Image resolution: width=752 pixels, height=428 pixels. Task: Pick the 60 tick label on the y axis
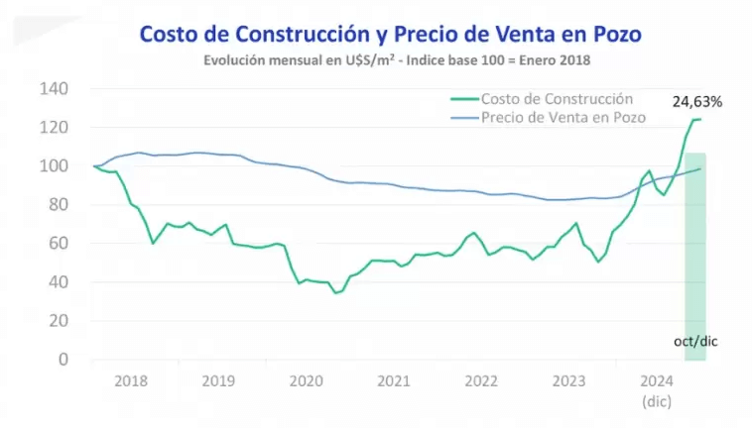pos(58,244)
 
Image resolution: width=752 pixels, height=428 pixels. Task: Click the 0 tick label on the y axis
pos(63,360)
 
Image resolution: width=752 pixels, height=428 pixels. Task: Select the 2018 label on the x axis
pos(132,380)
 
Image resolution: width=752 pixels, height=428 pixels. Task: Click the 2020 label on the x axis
pos(307,380)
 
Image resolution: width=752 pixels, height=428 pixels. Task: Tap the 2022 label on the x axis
pos(481,380)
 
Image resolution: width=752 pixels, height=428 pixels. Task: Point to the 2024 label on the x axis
pos(657,380)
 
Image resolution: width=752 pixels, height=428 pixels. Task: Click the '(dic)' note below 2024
pos(657,401)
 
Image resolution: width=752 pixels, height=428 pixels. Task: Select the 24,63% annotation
pos(695,101)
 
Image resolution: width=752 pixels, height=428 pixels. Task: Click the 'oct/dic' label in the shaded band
pos(694,341)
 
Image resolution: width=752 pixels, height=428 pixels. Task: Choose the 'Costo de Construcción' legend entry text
pos(557,99)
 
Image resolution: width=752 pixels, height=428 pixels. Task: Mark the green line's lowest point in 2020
pos(336,293)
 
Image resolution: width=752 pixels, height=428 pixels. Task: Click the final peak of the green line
pos(698,119)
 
